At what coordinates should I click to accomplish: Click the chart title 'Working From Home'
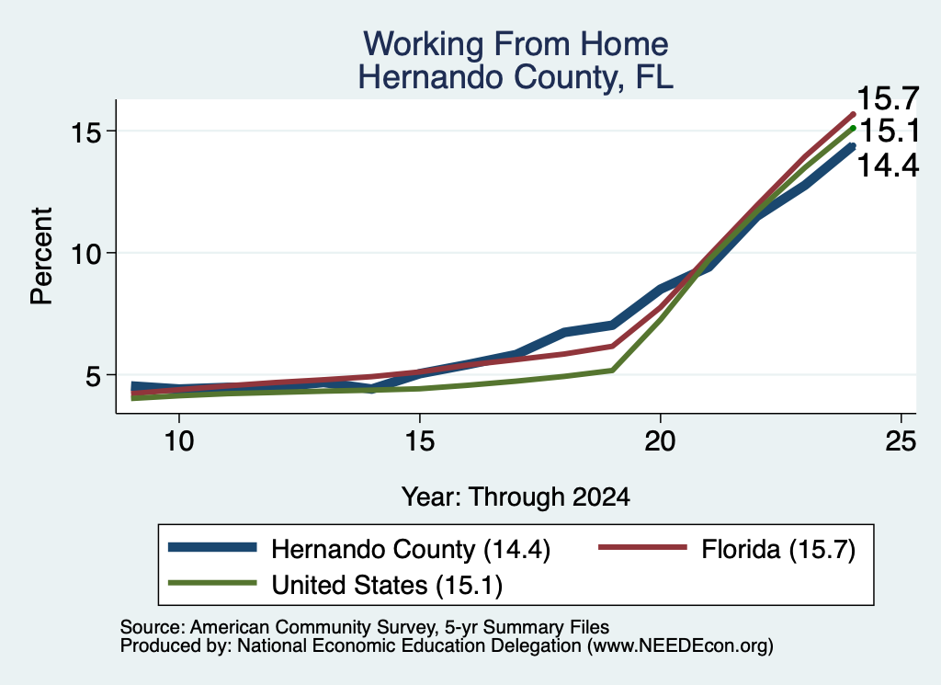coord(516,44)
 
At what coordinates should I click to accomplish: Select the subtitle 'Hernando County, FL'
coord(516,77)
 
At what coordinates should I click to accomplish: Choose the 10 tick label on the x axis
coord(179,441)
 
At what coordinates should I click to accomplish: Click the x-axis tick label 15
coord(419,441)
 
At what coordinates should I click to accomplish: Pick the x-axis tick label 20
coord(660,441)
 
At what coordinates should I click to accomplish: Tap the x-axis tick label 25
coord(901,441)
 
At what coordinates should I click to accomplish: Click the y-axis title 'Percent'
coord(42,257)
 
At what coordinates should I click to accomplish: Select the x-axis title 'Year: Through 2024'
coord(516,497)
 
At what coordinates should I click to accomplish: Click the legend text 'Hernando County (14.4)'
coord(411,549)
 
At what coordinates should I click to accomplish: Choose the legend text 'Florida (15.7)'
coord(778,549)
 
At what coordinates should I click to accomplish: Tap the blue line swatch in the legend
coord(212,547)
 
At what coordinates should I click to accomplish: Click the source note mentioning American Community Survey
coord(364,627)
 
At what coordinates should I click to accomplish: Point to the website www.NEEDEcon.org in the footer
coord(680,646)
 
